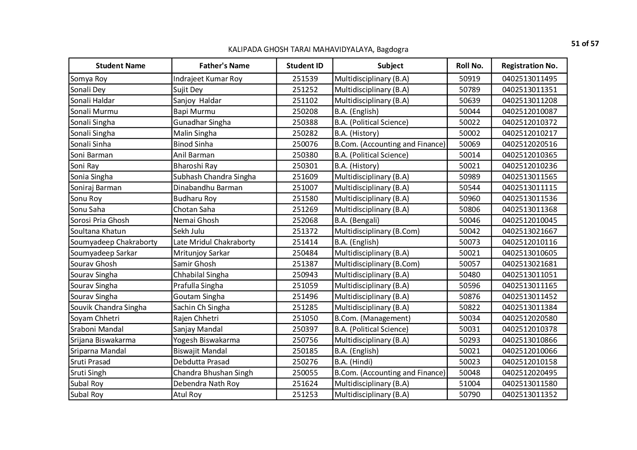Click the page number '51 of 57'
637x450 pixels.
point(585,44)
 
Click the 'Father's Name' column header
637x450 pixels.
point(224,66)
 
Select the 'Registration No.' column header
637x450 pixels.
point(529,66)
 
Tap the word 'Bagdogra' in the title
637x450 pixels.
point(392,49)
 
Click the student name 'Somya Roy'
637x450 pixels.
point(89,79)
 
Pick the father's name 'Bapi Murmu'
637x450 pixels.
point(194,111)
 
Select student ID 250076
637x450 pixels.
point(305,144)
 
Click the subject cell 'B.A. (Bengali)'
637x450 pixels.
point(357,220)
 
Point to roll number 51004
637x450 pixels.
point(469,384)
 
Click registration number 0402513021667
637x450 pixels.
point(529,231)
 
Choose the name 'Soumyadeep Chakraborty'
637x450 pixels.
point(114,242)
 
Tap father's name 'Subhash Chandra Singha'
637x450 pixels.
point(214,177)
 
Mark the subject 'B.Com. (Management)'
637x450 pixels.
point(372,318)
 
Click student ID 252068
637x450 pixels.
point(305,220)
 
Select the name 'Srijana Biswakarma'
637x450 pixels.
point(103,340)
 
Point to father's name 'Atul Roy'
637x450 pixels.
point(187,394)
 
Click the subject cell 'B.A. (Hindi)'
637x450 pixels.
point(353,362)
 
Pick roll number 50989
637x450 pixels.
point(469,177)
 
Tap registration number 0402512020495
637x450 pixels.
point(529,373)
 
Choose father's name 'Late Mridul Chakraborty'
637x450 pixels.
point(214,242)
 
